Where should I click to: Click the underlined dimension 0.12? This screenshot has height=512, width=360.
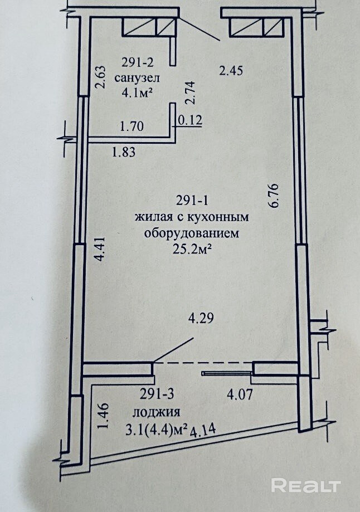(x=189, y=119)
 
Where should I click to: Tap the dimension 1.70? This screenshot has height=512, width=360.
(x=133, y=126)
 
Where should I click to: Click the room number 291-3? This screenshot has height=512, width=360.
(x=157, y=395)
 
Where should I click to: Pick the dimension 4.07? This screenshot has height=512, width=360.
(x=240, y=398)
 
